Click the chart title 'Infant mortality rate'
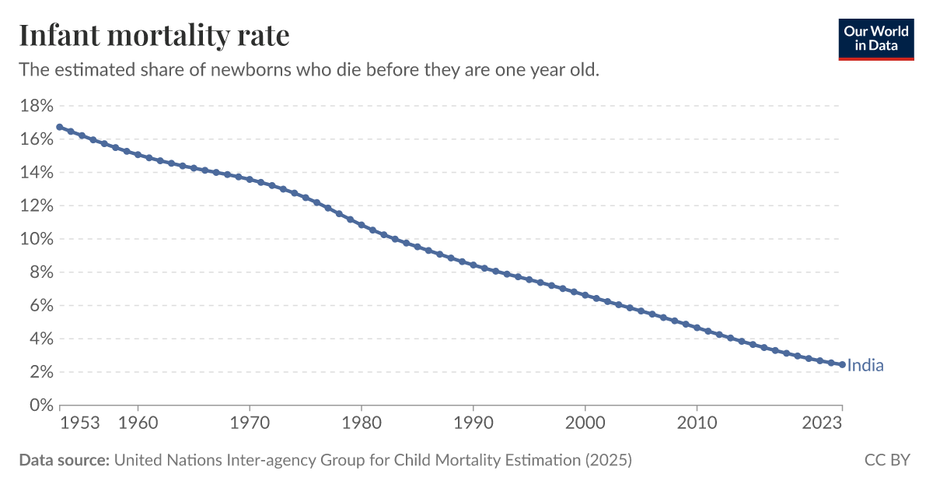154,36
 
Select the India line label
865,366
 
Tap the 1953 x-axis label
80,423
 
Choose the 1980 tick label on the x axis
361,423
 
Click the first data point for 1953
60,127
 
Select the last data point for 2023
842,364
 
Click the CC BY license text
886,460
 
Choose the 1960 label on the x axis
138,423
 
